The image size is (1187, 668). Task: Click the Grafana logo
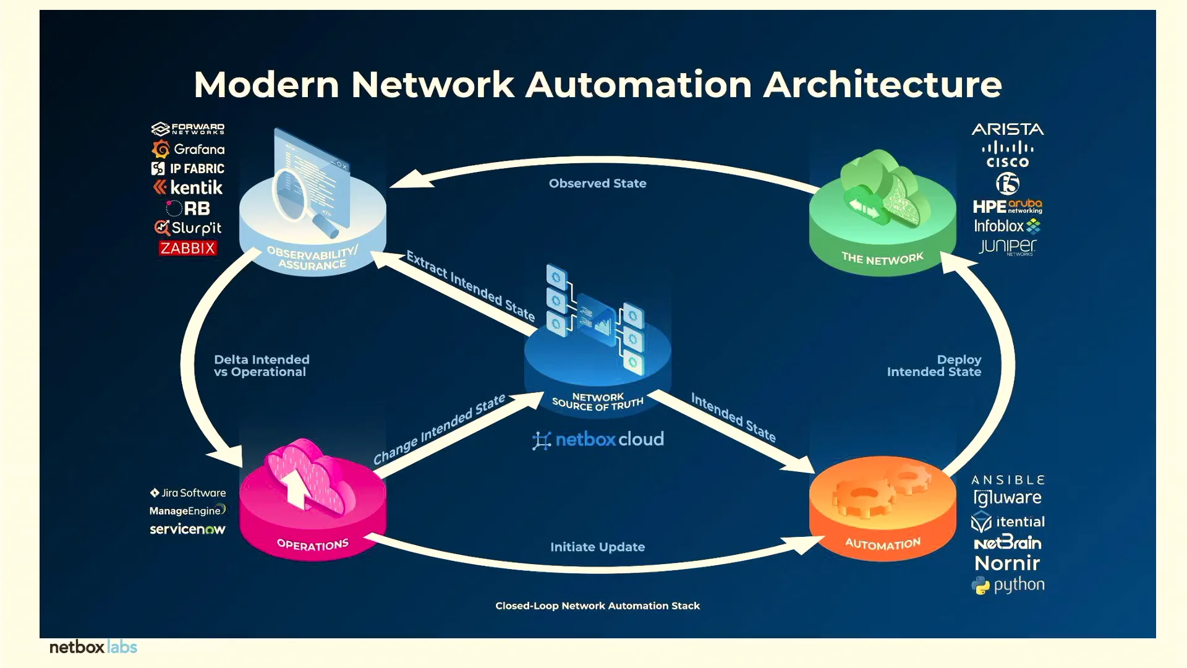click(188, 149)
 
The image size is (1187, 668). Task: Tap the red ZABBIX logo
click(187, 248)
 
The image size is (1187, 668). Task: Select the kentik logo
click(188, 187)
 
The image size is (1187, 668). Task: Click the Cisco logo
click(1008, 155)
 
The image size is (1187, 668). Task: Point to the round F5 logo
click(1008, 184)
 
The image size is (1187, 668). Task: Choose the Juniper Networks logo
click(1008, 246)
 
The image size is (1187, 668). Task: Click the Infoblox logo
click(1007, 226)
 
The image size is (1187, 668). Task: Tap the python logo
click(1008, 585)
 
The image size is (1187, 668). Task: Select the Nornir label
click(1008, 563)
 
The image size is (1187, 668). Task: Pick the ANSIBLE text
click(1008, 480)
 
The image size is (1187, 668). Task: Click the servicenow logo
click(187, 529)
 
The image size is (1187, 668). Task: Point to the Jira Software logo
click(188, 493)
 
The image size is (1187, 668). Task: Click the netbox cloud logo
click(598, 440)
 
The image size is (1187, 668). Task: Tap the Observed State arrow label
click(597, 184)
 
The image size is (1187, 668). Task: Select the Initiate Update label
click(597, 547)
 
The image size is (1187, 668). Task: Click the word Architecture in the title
click(882, 85)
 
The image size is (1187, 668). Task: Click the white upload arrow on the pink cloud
click(297, 486)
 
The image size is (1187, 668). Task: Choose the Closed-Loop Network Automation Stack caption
click(597, 606)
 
